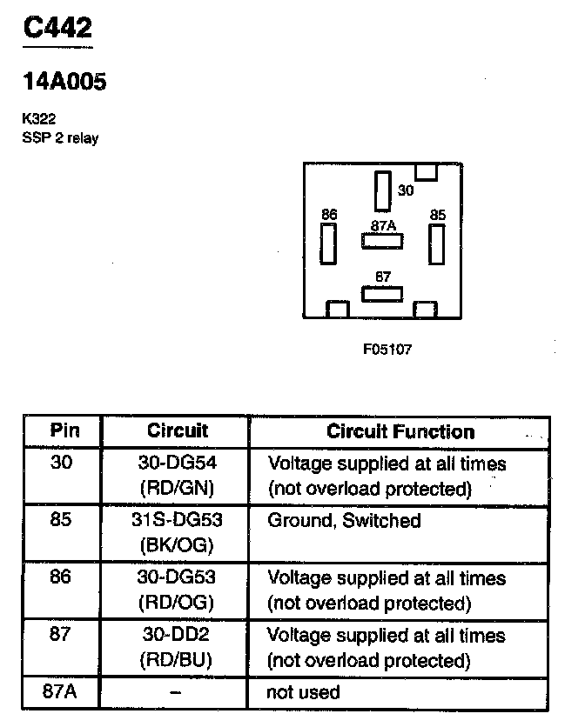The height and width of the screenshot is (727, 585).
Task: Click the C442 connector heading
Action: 57,28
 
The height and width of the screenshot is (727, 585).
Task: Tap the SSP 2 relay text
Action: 60,138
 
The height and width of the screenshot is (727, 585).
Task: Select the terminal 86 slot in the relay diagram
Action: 328,243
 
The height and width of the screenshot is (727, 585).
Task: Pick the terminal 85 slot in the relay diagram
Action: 437,243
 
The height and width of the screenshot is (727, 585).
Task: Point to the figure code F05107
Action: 387,350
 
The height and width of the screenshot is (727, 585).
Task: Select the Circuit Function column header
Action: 400,431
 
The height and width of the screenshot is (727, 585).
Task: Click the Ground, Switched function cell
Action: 344,520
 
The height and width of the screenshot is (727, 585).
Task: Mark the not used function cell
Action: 304,692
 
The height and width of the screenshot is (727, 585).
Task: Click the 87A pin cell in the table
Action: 62,692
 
